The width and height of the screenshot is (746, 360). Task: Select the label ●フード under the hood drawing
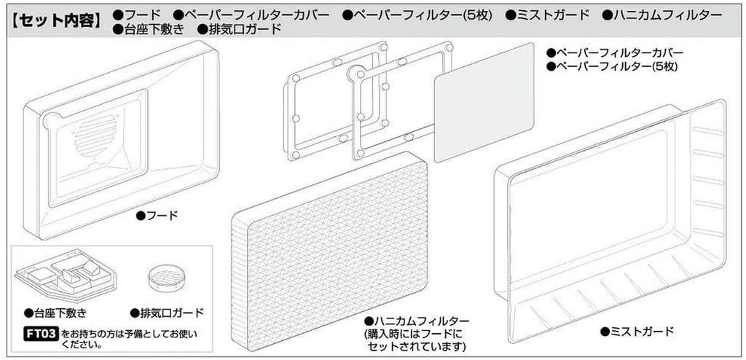[x=157, y=216]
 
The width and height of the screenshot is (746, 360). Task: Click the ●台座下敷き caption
[x=55, y=313]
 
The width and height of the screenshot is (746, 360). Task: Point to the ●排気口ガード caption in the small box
[x=167, y=313]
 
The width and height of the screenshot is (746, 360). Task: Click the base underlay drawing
[x=63, y=276]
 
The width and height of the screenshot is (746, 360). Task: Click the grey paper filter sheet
[x=484, y=101]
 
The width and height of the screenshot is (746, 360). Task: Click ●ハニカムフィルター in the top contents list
[x=663, y=15]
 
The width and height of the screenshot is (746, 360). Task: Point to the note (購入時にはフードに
[x=415, y=334]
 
